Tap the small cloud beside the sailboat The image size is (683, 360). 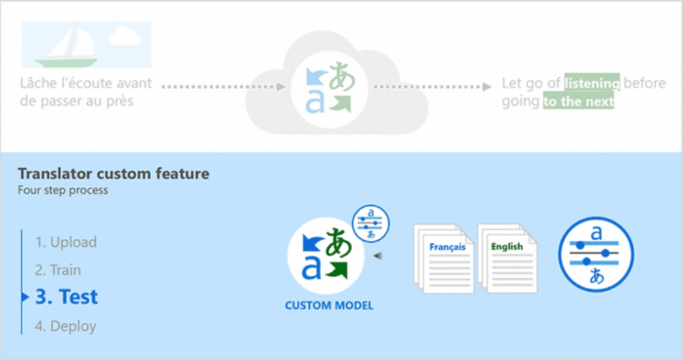tap(125, 36)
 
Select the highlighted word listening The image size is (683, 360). tap(591, 83)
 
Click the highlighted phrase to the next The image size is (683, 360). tap(579, 102)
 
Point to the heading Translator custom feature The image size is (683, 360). tap(114, 174)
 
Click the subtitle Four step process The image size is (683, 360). tap(63, 191)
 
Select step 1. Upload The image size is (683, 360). tap(66, 242)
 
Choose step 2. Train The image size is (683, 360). tap(58, 270)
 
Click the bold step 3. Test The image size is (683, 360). tap(66, 297)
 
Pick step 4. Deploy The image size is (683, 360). tap(66, 325)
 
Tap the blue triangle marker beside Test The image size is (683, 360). tap(25, 298)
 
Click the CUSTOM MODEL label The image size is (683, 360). tap(329, 305)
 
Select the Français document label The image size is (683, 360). tap(448, 247)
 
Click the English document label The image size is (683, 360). tap(507, 247)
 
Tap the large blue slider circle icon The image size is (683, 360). tap(596, 253)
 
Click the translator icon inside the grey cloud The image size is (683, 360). tap(329, 87)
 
